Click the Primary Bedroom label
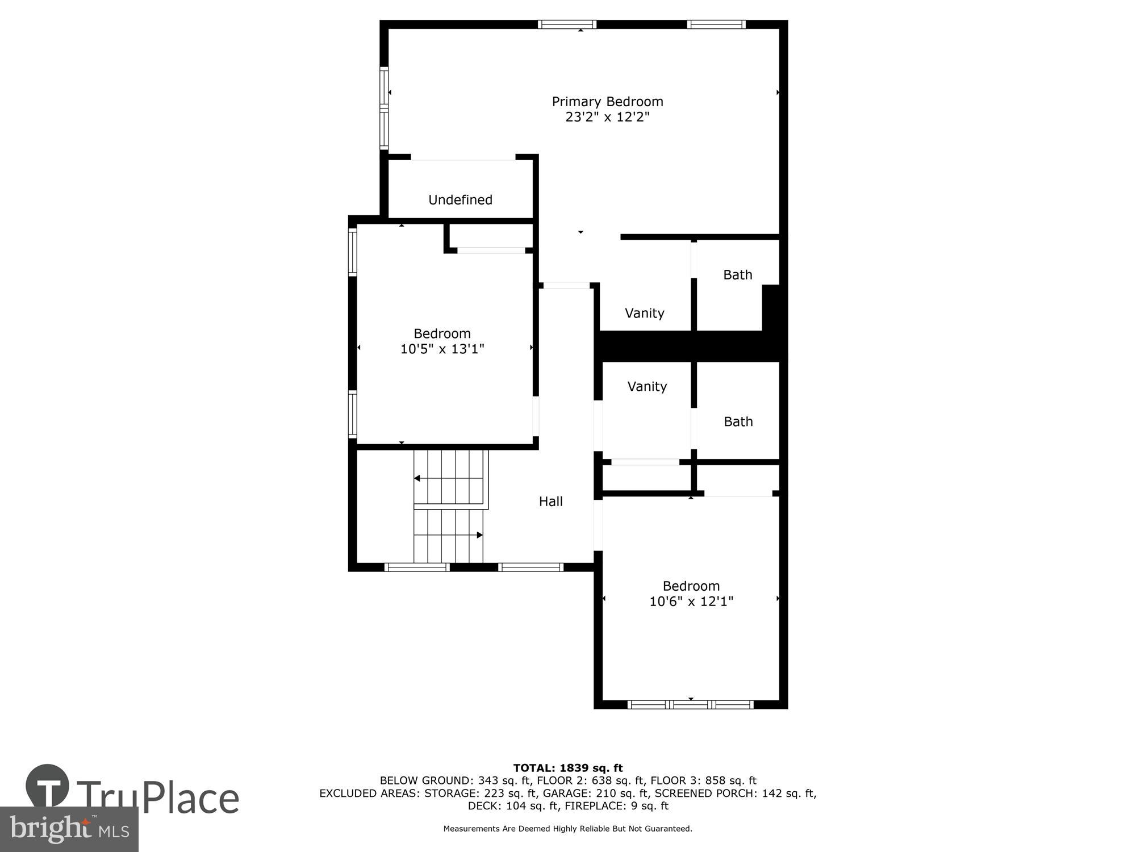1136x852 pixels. coord(607,102)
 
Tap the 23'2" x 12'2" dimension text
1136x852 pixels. coord(607,117)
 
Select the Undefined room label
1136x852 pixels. coord(460,200)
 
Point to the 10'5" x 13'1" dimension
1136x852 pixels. coord(442,349)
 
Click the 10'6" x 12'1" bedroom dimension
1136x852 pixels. coord(691,601)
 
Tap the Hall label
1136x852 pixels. coord(550,502)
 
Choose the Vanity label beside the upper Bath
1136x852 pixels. coord(644,313)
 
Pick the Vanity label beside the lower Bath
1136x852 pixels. coord(647,387)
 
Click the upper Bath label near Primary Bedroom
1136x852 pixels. coord(737,275)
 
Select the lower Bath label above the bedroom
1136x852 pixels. coord(738,421)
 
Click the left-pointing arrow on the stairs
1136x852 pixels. coord(417,478)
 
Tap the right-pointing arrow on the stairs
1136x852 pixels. coord(479,535)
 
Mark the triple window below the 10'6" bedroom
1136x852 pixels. coord(690,705)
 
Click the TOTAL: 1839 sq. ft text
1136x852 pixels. coord(568,769)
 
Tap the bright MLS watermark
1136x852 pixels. coord(69,830)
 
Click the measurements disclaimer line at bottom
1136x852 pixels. coord(567,829)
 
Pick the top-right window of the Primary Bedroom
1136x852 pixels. coord(716,24)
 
